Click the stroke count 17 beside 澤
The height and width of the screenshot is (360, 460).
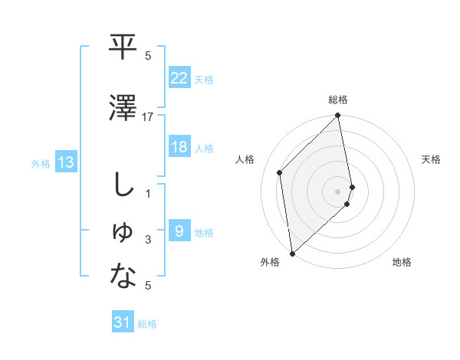[x=148, y=116]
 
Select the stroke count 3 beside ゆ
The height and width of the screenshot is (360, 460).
[x=148, y=241]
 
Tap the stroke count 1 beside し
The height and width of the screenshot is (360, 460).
[x=148, y=194]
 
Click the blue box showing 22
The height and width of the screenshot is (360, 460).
[x=179, y=77]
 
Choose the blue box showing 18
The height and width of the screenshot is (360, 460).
[x=179, y=147]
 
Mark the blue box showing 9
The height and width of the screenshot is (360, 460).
[x=179, y=231]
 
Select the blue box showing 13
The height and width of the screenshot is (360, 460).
[x=65, y=162]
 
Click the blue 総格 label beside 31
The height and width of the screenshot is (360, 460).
[x=147, y=324]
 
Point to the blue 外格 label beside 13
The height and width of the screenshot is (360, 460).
[x=41, y=163]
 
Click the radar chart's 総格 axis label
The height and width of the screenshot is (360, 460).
[x=338, y=100]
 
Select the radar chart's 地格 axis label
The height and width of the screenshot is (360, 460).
[x=402, y=262]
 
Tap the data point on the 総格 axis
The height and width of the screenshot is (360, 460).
[x=338, y=116]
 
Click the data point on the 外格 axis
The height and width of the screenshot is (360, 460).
[x=292, y=253]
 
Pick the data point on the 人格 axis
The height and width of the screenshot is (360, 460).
[x=280, y=172]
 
